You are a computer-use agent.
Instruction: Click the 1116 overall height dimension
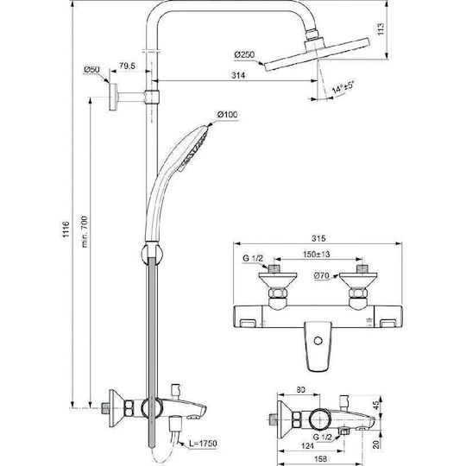coord(66,229)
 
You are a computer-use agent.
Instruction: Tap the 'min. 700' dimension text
coord(85,232)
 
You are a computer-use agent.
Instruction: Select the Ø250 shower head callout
coord(244,55)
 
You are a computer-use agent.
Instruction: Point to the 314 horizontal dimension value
coord(238,75)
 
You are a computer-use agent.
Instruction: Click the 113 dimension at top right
coord(381,29)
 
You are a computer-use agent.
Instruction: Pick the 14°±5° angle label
coord(343,87)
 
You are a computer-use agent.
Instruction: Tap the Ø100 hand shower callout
coord(227,115)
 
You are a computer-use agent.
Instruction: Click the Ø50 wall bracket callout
coord(91,70)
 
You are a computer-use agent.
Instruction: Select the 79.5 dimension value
coord(127,66)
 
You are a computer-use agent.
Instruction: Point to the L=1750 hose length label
coord(204,444)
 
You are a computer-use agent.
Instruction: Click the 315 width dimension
coord(318,238)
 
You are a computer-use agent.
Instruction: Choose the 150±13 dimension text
coord(316,255)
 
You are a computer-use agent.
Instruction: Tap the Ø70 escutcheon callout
coord(322,276)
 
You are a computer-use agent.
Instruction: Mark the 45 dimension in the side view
coord(376,406)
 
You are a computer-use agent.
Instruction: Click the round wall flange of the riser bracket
coord(113,98)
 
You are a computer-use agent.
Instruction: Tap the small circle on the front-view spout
coord(318,340)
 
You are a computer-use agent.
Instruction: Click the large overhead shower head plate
coord(318,54)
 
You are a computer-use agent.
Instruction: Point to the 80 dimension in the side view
coord(301,389)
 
